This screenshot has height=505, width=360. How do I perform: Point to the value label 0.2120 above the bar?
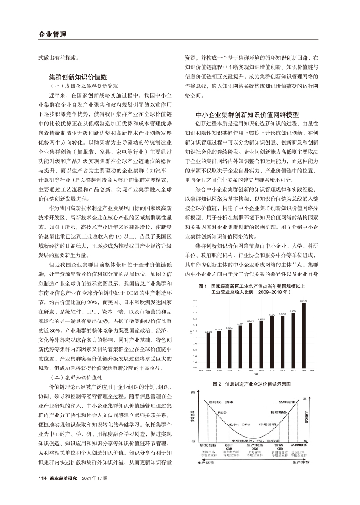point(303,301)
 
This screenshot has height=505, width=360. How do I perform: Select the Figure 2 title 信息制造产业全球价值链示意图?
point(251,384)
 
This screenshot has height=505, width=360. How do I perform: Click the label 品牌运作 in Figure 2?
point(286,402)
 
